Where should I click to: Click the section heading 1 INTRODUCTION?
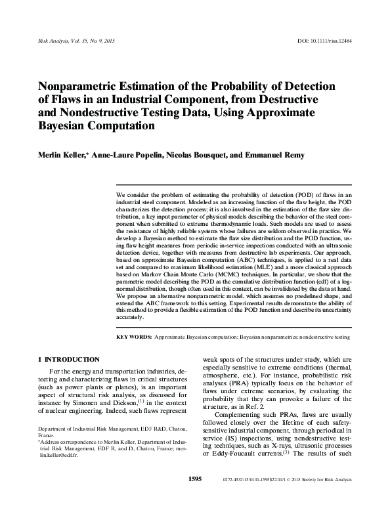(69, 360)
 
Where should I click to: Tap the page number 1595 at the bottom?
(194, 498)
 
